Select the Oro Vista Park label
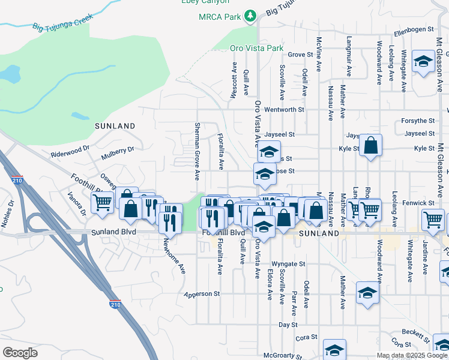click(256, 47)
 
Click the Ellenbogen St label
click(414, 29)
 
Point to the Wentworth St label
click(285, 110)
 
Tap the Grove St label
click(301, 55)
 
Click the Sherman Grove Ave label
click(197, 151)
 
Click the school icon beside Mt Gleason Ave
click(424, 62)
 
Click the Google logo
click(20, 353)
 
